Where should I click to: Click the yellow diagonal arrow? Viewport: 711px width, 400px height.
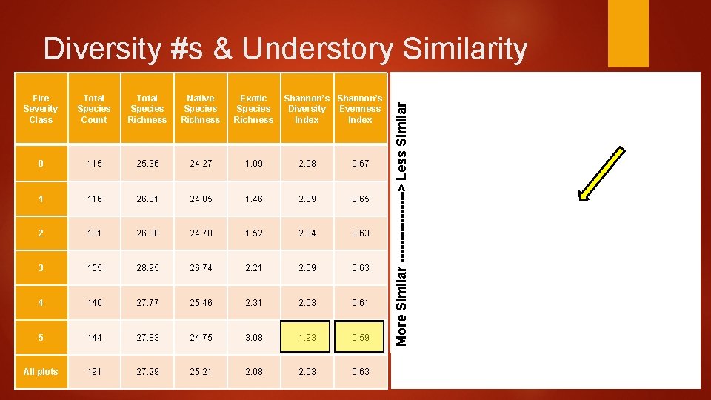tap(605, 174)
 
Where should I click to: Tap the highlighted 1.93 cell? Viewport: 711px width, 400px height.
tap(307, 338)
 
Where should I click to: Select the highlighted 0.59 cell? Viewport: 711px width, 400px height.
tap(360, 338)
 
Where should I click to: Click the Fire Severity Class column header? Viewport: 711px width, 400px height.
tap(41, 109)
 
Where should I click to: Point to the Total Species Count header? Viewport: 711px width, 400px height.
tap(94, 109)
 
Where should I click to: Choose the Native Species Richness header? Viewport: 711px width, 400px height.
tap(200, 109)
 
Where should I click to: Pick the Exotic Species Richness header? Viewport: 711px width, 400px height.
tap(253, 109)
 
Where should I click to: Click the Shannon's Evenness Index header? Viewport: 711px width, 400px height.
tap(360, 109)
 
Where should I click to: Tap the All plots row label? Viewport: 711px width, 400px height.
tap(41, 372)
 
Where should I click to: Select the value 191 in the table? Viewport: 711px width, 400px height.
tap(94, 372)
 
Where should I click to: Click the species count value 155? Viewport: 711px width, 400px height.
tap(94, 268)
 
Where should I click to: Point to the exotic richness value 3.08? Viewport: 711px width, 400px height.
tap(253, 338)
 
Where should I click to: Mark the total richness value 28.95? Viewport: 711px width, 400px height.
tap(147, 268)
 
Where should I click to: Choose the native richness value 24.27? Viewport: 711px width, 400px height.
tap(200, 164)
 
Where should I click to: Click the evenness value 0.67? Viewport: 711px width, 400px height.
tap(360, 164)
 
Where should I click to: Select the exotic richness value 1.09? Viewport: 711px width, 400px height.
tap(253, 164)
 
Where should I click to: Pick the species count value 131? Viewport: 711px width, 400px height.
tap(94, 233)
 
